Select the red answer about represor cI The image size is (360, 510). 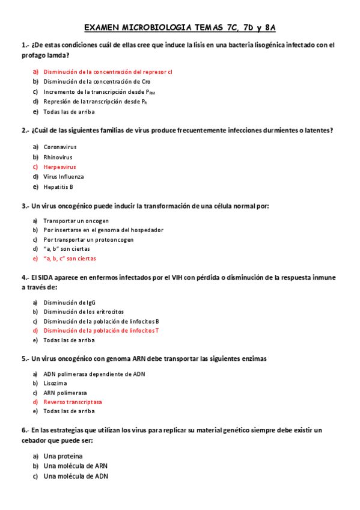point(108,72)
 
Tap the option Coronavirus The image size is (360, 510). point(60,147)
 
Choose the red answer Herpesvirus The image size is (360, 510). point(59,167)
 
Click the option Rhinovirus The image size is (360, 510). point(58,157)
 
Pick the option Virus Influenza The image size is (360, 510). point(64,177)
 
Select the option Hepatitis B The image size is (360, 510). point(58,186)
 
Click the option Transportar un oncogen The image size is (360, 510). point(76,221)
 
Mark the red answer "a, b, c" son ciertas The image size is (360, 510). point(70,259)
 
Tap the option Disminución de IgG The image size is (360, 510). point(69,303)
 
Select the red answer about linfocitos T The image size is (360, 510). point(101,331)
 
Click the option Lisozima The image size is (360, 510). point(55,383)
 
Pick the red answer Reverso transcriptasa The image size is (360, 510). point(73,402)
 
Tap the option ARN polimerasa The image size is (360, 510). point(65,393)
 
